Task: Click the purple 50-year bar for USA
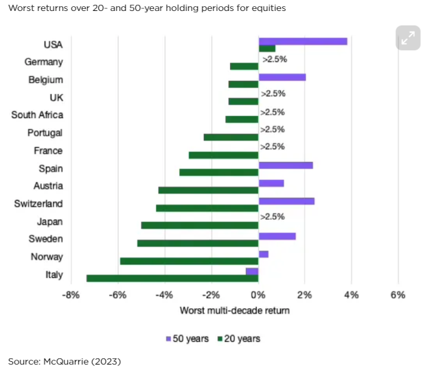point(302,41)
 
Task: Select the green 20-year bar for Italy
point(172,278)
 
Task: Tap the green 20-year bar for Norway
point(189,261)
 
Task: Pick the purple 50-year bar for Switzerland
point(286,200)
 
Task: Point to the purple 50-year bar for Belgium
point(282,77)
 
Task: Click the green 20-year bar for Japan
point(199,225)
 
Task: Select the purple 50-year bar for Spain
point(285,165)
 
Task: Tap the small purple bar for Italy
point(252,271)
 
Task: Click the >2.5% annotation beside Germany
point(274,60)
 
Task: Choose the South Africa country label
point(37,115)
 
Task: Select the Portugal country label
point(45,133)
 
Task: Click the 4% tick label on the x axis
point(351,295)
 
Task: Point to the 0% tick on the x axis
point(258,295)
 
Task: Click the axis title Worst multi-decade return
point(234,310)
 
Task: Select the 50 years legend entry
point(187,338)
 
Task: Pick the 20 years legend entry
point(238,338)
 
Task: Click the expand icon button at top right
point(407,38)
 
